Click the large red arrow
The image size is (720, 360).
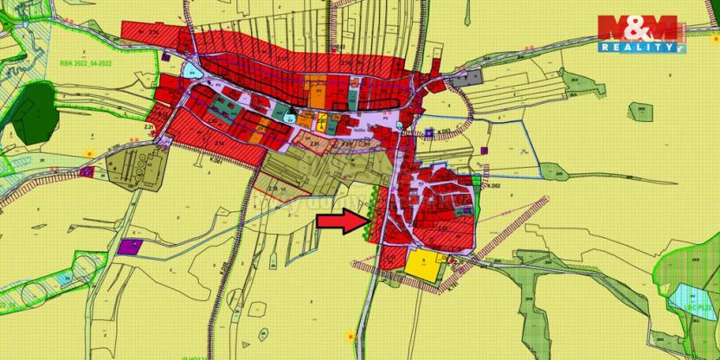(341, 222)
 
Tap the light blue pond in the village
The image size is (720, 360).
(191, 72)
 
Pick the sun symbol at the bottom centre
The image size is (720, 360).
(350, 335)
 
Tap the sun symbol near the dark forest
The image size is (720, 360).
(87, 152)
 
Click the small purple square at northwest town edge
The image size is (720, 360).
(165, 56)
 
